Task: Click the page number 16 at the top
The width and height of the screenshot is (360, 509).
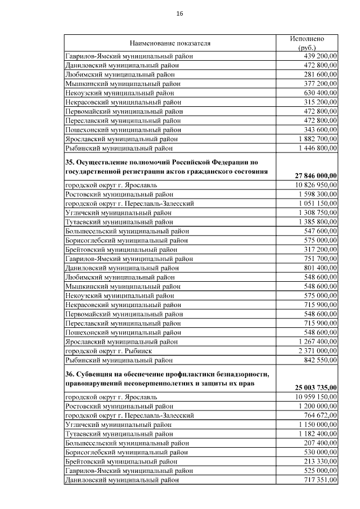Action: [x=179, y=13]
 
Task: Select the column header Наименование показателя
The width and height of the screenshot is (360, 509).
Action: [x=170, y=43]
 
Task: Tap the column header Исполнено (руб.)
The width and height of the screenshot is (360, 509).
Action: [x=307, y=43]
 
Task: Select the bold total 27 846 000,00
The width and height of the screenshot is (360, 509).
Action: [x=316, y=175]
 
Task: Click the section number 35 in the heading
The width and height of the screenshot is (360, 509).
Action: [x=70, y=161]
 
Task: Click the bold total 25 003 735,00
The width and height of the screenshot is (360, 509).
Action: [x=316, y=387]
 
